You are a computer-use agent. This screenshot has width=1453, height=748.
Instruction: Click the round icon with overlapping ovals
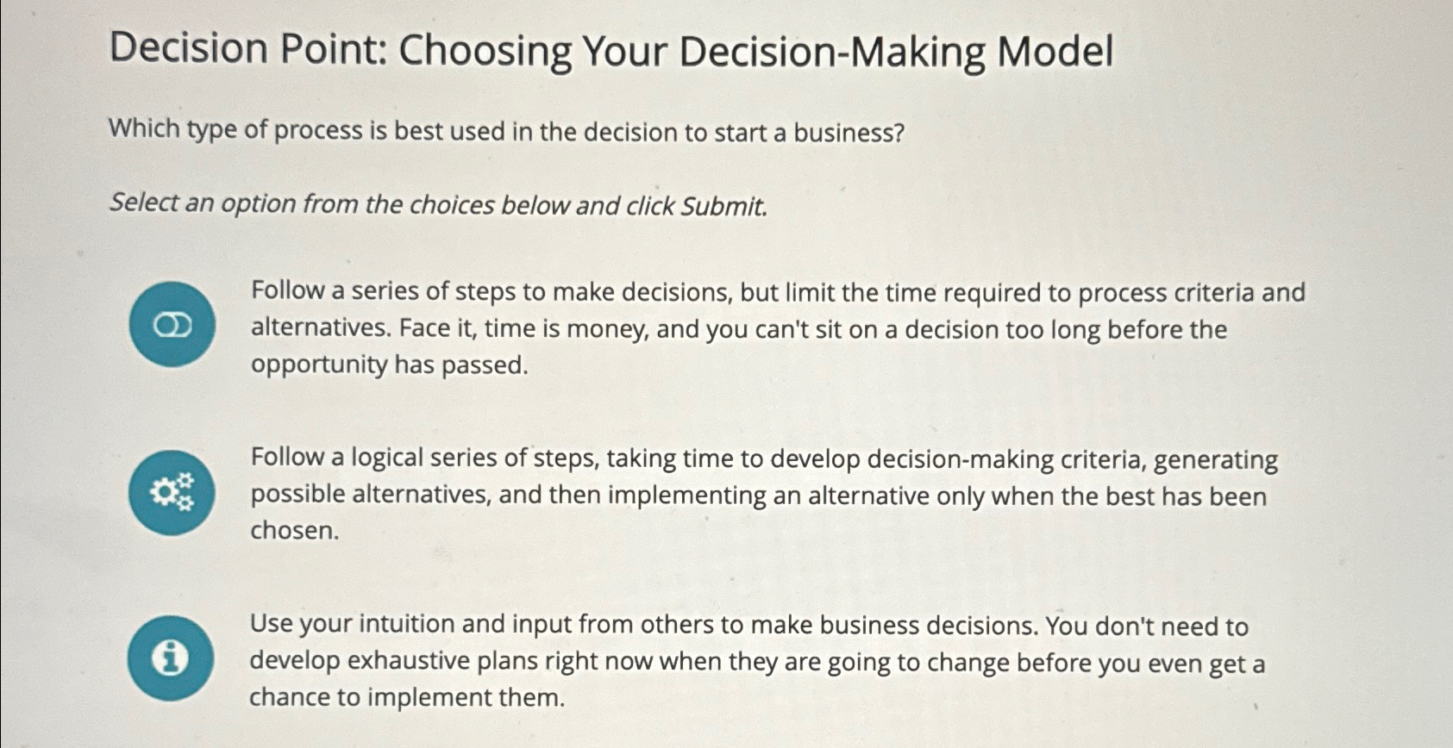172,325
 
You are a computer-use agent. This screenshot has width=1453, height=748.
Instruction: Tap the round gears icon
172,493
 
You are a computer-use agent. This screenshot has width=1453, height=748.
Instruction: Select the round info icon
170,658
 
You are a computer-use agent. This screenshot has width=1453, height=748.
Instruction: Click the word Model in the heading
1055,52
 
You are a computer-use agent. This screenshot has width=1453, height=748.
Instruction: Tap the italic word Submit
723,207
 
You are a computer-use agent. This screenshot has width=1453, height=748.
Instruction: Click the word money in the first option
612,329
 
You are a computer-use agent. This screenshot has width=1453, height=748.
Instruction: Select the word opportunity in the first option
319,365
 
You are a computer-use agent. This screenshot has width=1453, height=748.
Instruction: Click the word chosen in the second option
293,531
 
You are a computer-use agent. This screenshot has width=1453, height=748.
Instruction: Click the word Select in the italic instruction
143,203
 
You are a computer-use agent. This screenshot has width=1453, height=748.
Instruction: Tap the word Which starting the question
143,129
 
